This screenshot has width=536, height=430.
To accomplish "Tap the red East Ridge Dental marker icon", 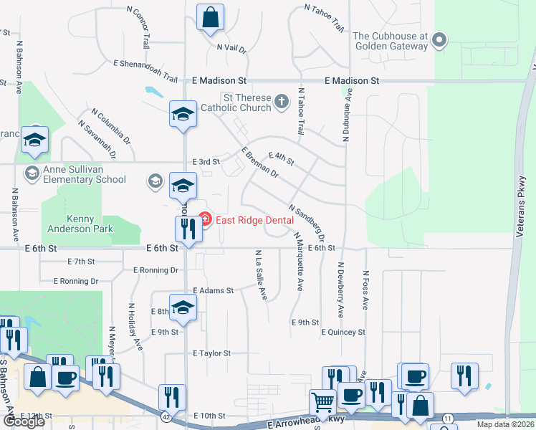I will pos(204,219).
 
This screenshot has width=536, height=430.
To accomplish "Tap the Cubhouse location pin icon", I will pos(440,41).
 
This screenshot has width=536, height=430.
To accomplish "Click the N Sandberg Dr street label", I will pos(308,220).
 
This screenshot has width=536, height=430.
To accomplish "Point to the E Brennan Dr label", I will pos(260,162).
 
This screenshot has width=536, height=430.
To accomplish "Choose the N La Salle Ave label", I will pos(261,274).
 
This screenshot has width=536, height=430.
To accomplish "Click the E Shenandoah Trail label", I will pos(143,77).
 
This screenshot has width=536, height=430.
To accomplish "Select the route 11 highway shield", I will pos(449,417).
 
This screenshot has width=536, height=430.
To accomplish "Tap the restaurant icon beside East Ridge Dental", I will pos(186,229).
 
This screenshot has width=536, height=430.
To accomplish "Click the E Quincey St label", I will pos(343,333).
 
